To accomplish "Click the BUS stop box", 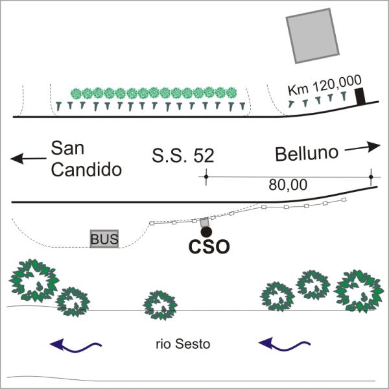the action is [x=104, y=239].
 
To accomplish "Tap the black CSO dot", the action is [x=206, y=232].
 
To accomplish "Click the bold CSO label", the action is [x=209, y=247].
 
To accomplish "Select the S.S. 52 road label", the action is [x=183, y=156].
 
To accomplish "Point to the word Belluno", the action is [x=307, y=153].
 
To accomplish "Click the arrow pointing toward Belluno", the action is [x=362, y=147].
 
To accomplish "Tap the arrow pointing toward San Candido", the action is [x=29, y=159].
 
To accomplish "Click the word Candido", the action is [x=86, y=170].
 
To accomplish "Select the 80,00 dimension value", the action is [x=288, y=185].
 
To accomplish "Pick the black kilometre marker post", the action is [x=360, y=96].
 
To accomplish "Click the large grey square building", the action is [x=312, y=36].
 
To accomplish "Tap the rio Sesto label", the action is [x=183, y=344].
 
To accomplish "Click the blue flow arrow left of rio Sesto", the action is [x=76, y=345].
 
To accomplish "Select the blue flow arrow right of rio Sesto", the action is [x=285, y=344].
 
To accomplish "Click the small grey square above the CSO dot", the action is [x=204, y=222].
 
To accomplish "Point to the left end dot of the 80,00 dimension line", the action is [x=206, y=177].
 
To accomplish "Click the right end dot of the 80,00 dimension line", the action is [x=371, y=177].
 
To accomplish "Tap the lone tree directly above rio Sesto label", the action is [x=160, y=305].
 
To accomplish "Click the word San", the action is [x=67, y=148].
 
